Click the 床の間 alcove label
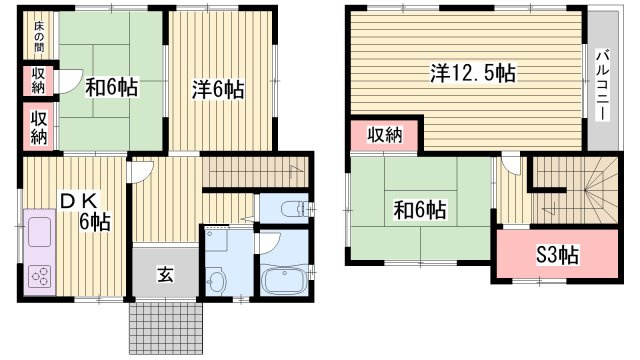(39, 38)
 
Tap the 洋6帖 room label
(218, 90)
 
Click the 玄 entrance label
(165, 274)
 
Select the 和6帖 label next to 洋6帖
(110, 88)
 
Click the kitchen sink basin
(37, 233)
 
